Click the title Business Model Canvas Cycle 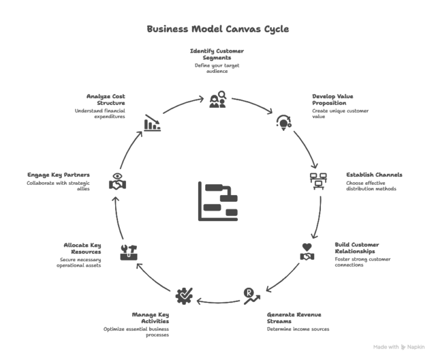click(218, 29)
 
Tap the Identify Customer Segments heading click(217, 55)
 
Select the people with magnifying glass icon click(217, 99)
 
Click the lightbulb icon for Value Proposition click(283, 121)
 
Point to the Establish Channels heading click(374, 175)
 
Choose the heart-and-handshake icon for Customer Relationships click(308, 252)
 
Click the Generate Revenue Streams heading click(294, 318)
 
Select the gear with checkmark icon click(183, 296)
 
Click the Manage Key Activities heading click(151, 318)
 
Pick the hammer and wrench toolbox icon click(128, 252)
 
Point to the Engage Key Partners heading click(59, 175)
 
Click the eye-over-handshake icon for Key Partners click(117, 181)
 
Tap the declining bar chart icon click(152, 122)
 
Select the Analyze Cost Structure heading click(105, 99)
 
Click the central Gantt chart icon click(218, 201)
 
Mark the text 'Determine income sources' click(297, 329)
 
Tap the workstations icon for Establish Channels click(318, 181)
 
